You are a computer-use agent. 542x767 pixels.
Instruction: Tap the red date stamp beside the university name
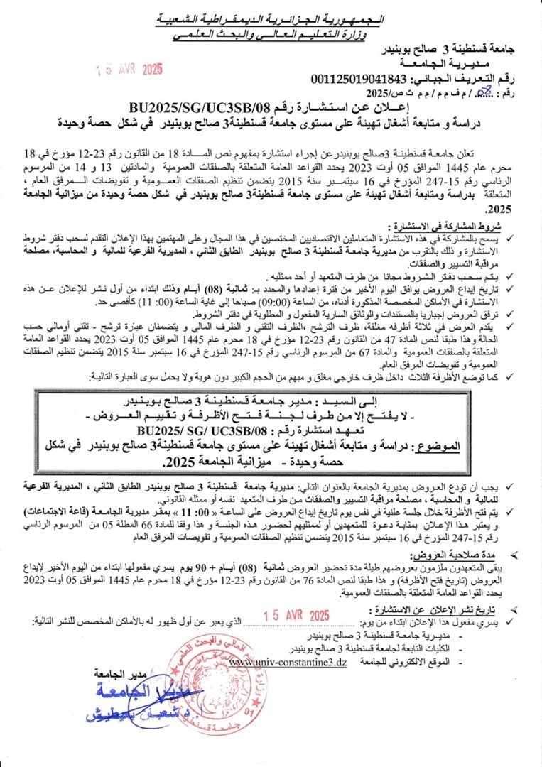[131, 70]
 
